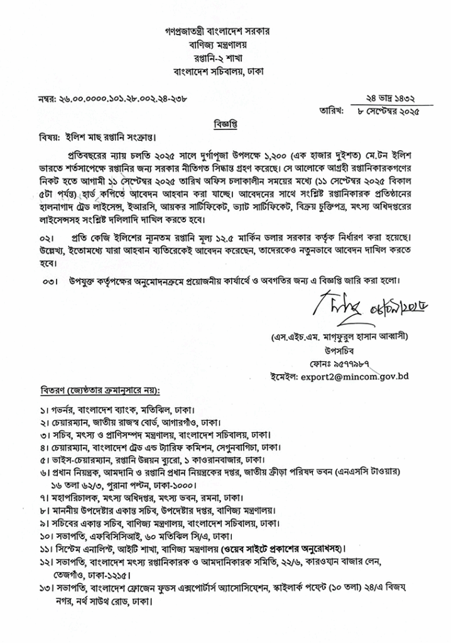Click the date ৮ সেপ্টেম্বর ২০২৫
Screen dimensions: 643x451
click(386, 111)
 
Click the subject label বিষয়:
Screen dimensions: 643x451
click(46, 138)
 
